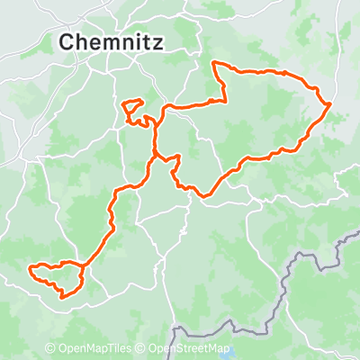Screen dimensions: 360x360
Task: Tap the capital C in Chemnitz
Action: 67,41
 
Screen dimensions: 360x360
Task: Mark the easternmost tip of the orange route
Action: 330,104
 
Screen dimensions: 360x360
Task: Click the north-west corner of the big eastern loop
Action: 212,63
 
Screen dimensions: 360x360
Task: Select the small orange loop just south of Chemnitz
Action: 134,109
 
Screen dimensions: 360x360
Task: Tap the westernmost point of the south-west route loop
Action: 31,268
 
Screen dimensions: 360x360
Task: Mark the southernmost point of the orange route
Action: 62,296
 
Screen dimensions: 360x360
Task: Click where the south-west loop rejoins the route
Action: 86,267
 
